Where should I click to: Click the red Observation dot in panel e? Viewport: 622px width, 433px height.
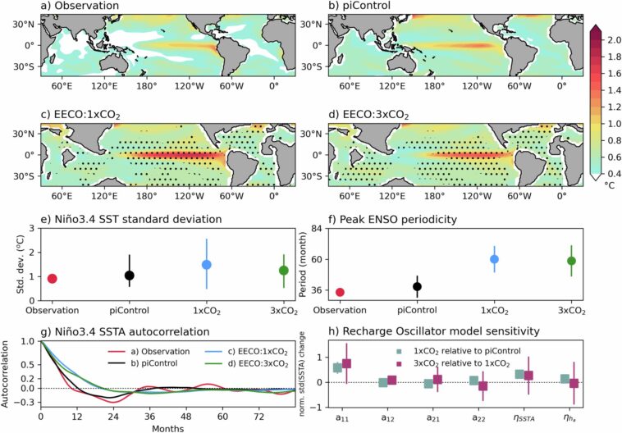[52, 279]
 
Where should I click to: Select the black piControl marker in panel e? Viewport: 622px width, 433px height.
[129, 276]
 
